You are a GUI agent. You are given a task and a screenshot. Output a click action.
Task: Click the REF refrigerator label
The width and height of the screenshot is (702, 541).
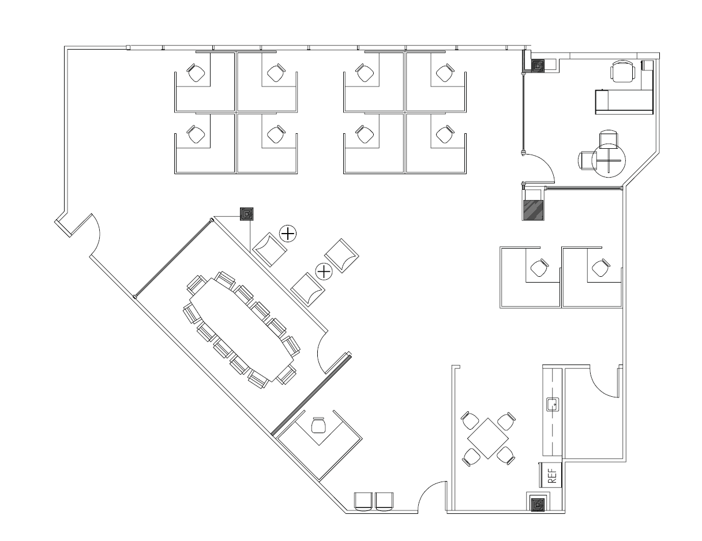pyautogui.click(x=553, y=476)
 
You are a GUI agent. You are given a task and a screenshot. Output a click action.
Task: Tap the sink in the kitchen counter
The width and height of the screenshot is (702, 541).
pyautogui.click(x=553, y=404)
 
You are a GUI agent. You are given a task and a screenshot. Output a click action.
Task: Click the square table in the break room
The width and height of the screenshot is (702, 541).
pyautogui.click(x=488, y=438)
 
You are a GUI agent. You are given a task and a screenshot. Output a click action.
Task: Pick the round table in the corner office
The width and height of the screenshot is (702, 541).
pyautogui.click(x=609, y=160)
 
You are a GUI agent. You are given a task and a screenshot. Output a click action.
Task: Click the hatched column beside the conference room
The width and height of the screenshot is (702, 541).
pyautogui.click(x=246, y=214)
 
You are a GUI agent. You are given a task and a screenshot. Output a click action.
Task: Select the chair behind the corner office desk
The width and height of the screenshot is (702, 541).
pyautogui.click(x=622, y=72)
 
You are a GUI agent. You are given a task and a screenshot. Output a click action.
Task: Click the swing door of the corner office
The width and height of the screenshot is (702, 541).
pyautogui.click(x=539, y=168)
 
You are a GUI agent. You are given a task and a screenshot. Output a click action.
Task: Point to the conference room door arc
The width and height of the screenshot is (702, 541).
pyautogui.click(x=320, y=353)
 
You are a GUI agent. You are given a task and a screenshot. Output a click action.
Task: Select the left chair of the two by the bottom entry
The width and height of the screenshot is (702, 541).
pyautogui.click(x=363, y=502)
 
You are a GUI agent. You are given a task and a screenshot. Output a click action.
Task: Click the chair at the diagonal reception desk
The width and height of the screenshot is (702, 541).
pyautogui.click(x=318, y=425)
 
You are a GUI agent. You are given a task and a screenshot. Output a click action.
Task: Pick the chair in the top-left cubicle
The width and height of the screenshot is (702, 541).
pyautogui.click(x=196, y=73)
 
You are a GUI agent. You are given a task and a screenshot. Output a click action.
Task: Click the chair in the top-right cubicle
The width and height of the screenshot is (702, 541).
pyautogui.click(x=445, y=73)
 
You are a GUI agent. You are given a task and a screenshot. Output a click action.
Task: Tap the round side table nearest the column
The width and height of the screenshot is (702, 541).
pyautogui.click(x=287, y=234)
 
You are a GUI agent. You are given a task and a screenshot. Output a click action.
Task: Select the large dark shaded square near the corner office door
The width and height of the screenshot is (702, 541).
pyautogui.click(x=533, y=211)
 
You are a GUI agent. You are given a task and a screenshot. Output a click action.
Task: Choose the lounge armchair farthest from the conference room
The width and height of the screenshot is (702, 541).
pyautogui.click(x=341, y=256)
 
